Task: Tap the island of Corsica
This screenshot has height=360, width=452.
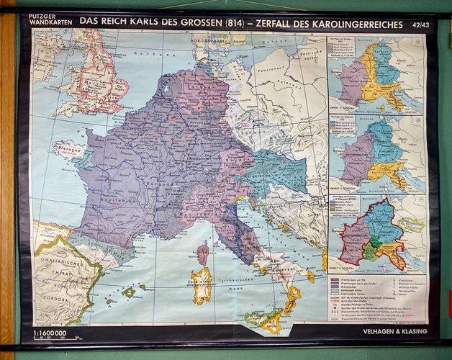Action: (204, 252)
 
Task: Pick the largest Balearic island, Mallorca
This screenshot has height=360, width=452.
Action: (130, 292)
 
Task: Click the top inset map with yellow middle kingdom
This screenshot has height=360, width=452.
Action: (376, 75)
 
